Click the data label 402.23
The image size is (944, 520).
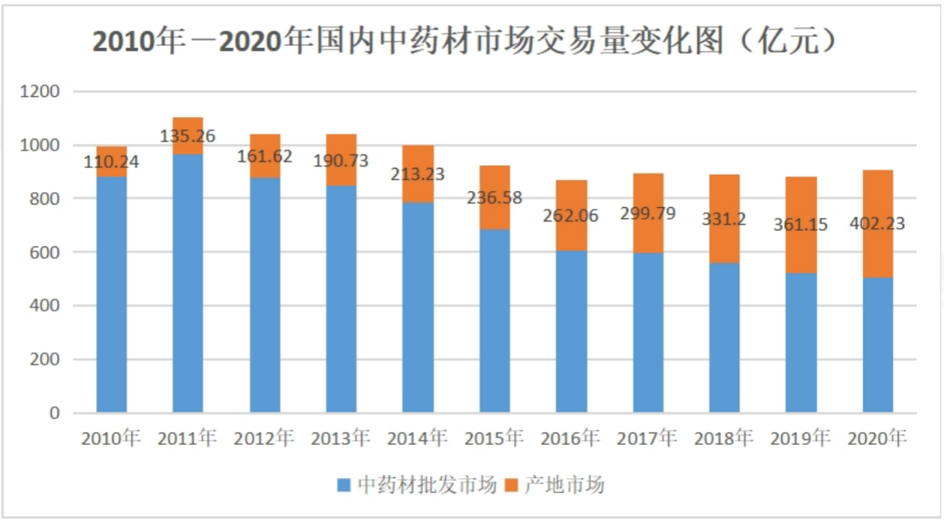pos(878,224)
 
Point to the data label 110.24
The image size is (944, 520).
pos(111,161)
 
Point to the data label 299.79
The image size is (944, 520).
pos(647,212)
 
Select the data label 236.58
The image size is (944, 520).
pos(494,198)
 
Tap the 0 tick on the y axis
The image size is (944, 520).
pos(53,413)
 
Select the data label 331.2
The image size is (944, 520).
pos(724,218)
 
